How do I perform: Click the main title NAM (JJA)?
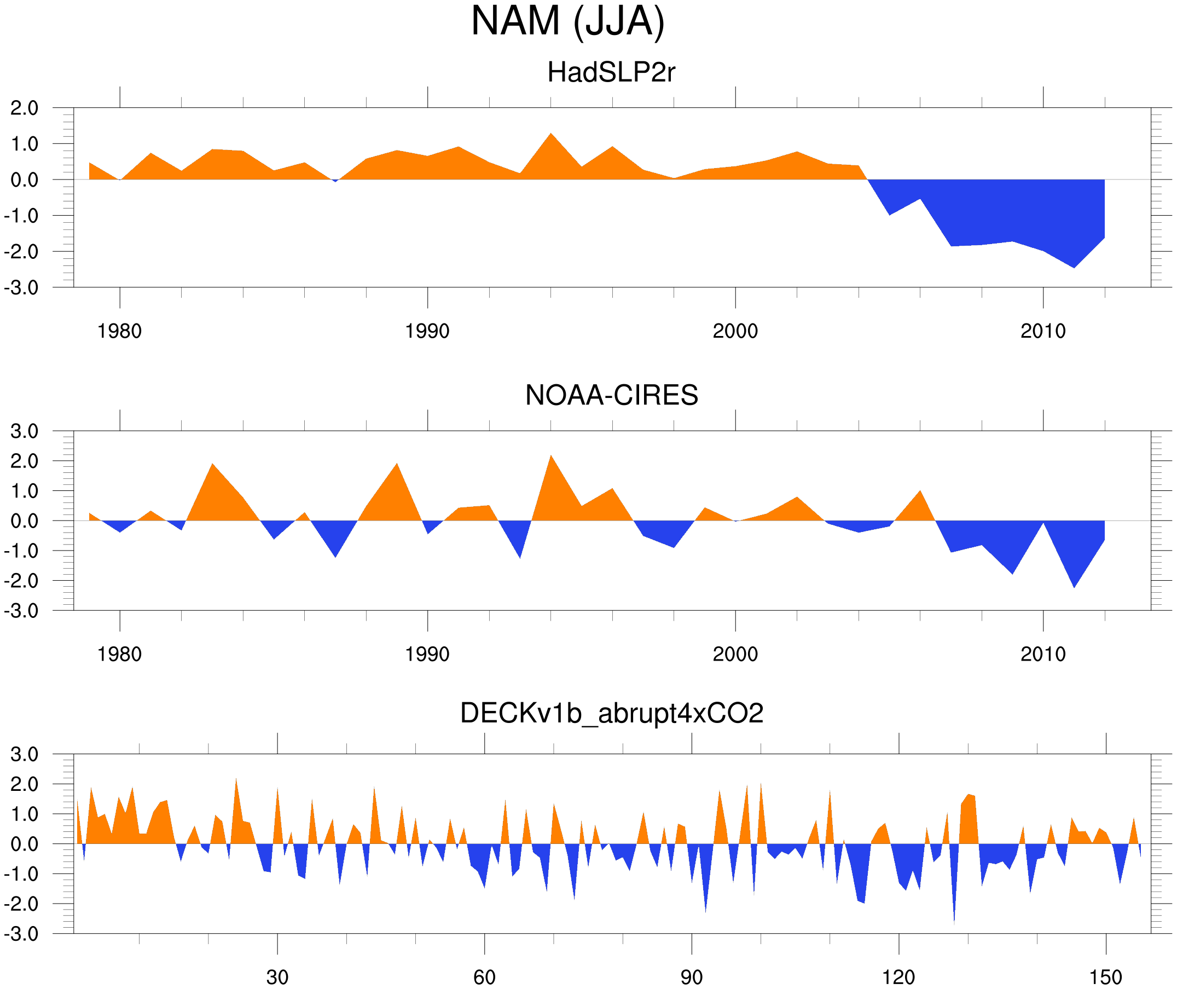pyautogui.click(x=567, y=21)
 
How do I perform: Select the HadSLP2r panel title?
pyautogui.click(x=611, y=72)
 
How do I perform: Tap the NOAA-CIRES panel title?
pyautogui.click(x=611, y=395)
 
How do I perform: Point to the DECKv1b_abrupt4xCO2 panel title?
pyautogui.click(x=611, y=714)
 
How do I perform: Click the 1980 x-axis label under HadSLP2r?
pyautogui.click(x=119, y=331)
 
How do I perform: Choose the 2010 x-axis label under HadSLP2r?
pyautogui.click(x=1042, y=331)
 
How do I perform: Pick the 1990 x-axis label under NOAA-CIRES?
pyautogui.click(x=427, y=654)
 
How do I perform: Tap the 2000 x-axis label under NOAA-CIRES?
pyautogui.click(x=735, y=654)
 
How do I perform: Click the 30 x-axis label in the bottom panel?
pyautogui.click(x=277, y=977)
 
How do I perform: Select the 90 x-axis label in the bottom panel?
pyautogui.click(x=691, y=977)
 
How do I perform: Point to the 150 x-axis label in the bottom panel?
pyautogui.click(x=1105, y=977)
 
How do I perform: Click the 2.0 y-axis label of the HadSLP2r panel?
pyautogui.click(x=24, y=108)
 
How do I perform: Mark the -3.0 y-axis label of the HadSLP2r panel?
pyautogui.click(x=21, y=288)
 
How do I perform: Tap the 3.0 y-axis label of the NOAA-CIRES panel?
pyautogui.click(x=24, y=431)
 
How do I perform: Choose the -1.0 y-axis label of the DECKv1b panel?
pyautogui.click(x=21, y=874)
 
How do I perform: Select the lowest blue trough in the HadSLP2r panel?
pyautogui.click(x=1074, y=266)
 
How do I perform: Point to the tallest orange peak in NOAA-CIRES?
pyautogui.click(x=551, y=458)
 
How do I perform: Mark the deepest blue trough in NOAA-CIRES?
pyautogui.click(x=1074, y=585)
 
